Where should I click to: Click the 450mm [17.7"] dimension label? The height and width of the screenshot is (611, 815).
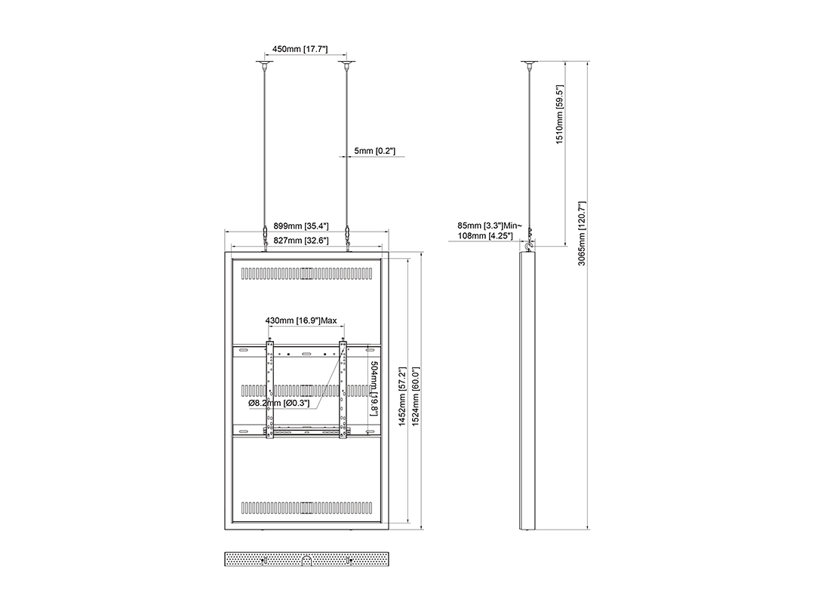300,49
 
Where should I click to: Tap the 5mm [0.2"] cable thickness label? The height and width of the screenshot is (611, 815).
375,151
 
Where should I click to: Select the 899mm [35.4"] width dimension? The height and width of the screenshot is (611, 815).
301,226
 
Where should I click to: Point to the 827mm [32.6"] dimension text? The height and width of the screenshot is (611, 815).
301,241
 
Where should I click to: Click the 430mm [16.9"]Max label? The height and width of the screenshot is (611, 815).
301,321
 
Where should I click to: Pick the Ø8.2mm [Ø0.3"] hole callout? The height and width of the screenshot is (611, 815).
278,403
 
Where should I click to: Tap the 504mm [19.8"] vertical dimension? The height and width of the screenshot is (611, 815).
374,388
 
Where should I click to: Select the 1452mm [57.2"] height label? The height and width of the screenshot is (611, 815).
402,397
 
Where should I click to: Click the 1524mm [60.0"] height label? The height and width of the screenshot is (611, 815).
415,397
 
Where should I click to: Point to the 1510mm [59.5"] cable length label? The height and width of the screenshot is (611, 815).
560,115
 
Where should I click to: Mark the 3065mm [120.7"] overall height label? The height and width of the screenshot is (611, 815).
582,233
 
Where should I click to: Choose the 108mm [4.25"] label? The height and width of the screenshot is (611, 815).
485,236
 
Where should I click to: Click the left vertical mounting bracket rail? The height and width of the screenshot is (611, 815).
269,390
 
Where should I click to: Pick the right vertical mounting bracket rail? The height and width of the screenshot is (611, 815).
343,390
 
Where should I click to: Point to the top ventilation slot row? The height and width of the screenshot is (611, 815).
306,273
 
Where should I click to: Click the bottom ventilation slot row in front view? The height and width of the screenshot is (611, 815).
306,507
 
